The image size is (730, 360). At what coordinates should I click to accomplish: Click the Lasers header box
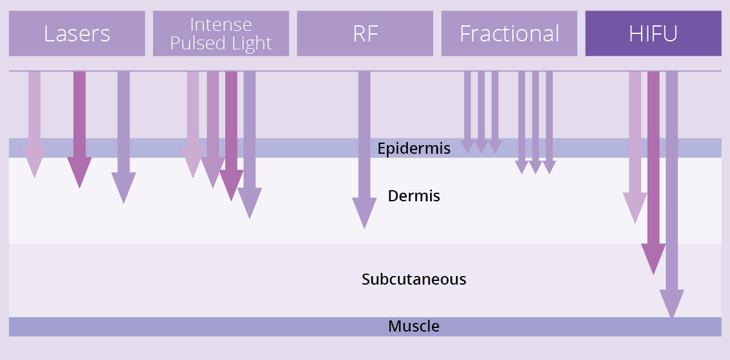[x=77, y=33]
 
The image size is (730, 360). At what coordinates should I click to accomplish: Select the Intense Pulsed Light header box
[x=221, y=33]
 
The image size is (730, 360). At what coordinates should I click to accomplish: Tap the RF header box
[x=365, y=33]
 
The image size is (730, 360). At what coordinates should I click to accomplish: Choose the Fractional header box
[x=509, y=33]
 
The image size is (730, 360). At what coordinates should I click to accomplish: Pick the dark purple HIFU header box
[x=653, y=33]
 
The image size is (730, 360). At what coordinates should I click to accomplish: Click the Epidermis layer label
[x=414, y=149]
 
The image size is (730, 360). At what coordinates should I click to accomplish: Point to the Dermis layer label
[x=414, y=196]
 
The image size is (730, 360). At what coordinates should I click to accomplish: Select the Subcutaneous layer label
[x=414, y=279]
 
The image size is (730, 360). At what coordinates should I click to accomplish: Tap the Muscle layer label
[x=414, y=326]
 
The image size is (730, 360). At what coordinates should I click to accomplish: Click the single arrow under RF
[x=364, y=150]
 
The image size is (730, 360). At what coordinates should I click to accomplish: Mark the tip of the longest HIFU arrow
[x=672, y=318]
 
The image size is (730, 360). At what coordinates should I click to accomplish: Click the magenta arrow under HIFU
[x=653, y=174]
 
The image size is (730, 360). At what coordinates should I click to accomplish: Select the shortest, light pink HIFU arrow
[x=635, y=148]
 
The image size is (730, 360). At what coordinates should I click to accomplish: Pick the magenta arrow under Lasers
[x=80, y=130]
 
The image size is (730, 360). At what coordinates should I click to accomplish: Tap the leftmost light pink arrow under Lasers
[x=35, y=125]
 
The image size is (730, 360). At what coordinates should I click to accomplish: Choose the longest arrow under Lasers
[x=123, y=137]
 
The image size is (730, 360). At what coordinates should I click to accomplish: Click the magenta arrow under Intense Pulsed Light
[x=231, y=136]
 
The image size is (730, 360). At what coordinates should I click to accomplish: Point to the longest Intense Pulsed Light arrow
[x=249, y=145]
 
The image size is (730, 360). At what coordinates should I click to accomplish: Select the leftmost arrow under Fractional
[x=467, y=112]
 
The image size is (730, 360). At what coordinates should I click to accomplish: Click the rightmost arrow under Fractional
[x=549, y=123]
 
